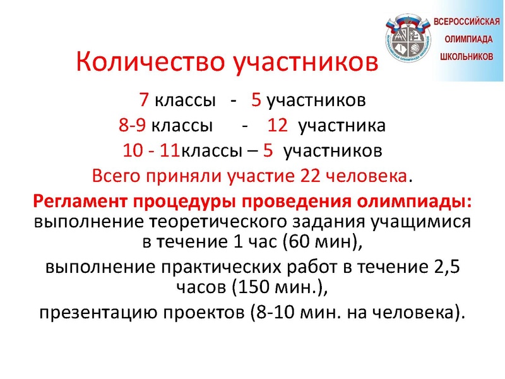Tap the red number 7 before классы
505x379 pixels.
[x=144, y=100]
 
